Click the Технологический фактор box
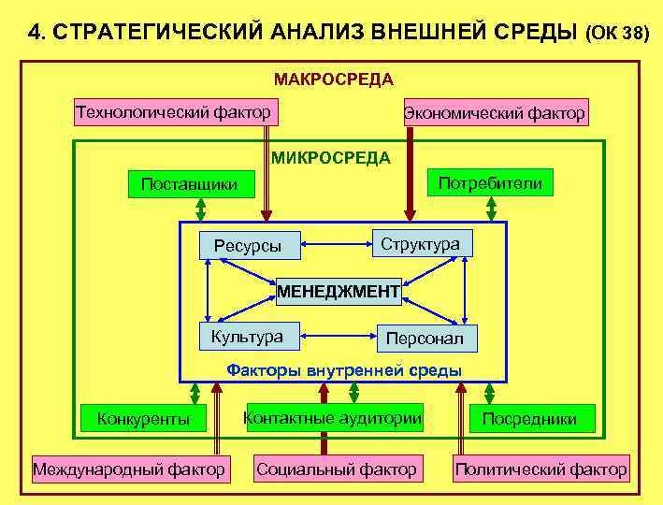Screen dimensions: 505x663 pyautogui.click(x=173, y=113)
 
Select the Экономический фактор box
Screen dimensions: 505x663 pyautogui.click(x=495, y=114)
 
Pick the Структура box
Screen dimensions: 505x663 pyautogui.click(x=420, y=243)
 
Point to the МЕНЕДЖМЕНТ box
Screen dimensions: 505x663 pyautogui.click(x=339, y=293)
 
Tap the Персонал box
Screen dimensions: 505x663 pyautogui.click(x=425, y=339)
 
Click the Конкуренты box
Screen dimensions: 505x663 pyautogui.click(x=143, y=418)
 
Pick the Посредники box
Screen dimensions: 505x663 pyautogui.click(x=529, y=418)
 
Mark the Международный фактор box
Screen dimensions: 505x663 pyautogui.click(x=129, y=468)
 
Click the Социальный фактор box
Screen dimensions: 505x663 pyautogui.click(x=337, y=468)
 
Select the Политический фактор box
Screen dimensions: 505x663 pyautogui.click(x=540, y=468)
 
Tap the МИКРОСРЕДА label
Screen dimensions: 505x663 pyautogui.click(x=331, y=157)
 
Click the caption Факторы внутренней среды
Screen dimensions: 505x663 pyautogui.click(x=344, y=370)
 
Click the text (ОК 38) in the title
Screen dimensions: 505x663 pyautogui.click(x=615, y=34)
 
